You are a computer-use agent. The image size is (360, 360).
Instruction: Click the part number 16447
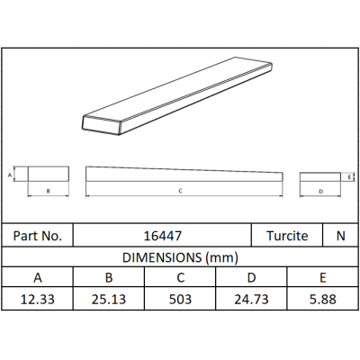pyautogui.click(x=163, y=236)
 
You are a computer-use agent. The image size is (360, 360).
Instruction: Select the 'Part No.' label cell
pyautogui.click(x=38, y=236)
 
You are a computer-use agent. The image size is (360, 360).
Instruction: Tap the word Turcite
pyautogui.click(x=287, y=236)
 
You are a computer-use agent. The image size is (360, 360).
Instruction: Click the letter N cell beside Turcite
pyautogui.click(x=341, y=236)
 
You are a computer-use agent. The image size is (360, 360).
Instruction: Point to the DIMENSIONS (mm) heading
pyautogui.click(x=180, y=257)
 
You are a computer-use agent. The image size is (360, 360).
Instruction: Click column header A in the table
pyautogui.click(x=38, y=278)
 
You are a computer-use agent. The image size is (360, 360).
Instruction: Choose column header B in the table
pyautogui.click(x=109, y=278)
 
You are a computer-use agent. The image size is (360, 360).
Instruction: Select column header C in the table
pyautogui.click(x=180, y=278)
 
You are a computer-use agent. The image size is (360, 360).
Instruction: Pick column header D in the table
pyautogui.click(x=251, y=278)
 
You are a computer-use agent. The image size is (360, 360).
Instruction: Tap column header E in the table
pyautogui.click(x=323, y=278)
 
